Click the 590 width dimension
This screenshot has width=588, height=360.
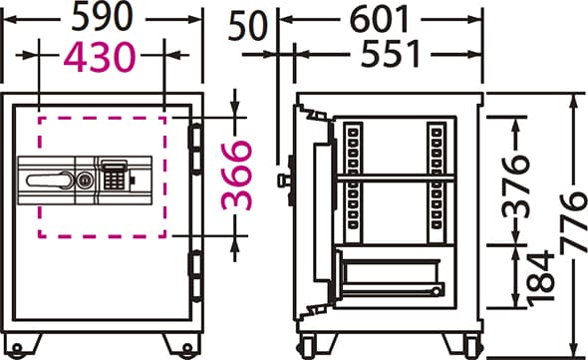coord(102,17)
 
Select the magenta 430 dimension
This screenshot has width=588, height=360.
coord(100,57)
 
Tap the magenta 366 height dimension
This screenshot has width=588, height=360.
coord(237,175)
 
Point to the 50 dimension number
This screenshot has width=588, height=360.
coord(248,26)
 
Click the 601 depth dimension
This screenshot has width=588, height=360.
coord(379,19)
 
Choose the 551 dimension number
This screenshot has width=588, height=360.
coord(391,54)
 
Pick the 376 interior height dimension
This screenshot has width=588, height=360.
coord(516,186)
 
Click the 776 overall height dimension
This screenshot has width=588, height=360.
coord(574,221)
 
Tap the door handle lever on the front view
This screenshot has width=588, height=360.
coord(50,180)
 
